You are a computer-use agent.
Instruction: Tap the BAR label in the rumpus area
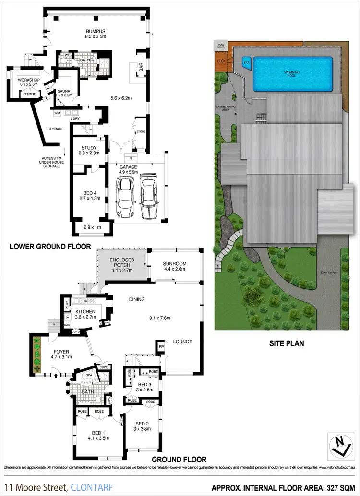(x=141, y=69)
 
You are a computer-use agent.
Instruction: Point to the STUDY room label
(x=89, y=148)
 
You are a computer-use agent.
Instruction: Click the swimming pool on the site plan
(x=292, y=74)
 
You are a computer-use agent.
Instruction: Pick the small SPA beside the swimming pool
(x=247, y=63)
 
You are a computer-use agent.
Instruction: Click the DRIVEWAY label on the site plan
(x=330, y=273)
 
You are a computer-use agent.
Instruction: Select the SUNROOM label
(x=174, y=264)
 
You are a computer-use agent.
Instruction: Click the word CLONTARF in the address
(x=92, y=487)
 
